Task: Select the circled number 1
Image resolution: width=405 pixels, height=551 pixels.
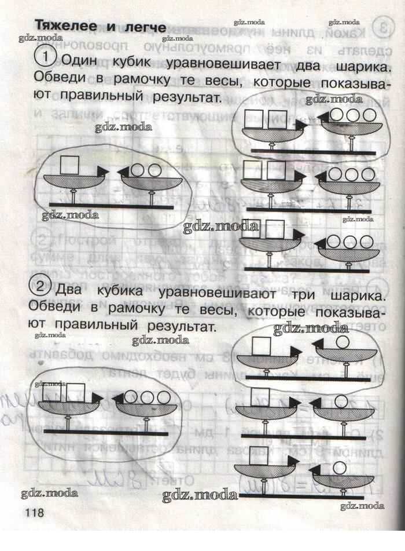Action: click(45, 57)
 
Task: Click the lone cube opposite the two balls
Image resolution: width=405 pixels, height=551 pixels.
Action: click(71, 165)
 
